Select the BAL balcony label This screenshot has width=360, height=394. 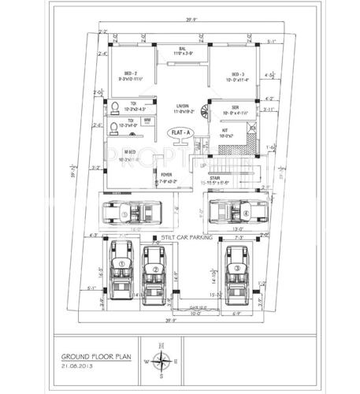[181, 49]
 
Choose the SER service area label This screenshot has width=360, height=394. [235, 107]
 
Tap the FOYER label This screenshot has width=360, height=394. [166, 175]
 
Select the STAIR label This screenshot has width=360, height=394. [214, 179]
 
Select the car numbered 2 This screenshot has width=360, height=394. [156, 271]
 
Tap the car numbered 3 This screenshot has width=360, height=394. [235, 269]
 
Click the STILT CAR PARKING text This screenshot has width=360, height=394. [187, 236]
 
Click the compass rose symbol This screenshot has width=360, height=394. [164, 361]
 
